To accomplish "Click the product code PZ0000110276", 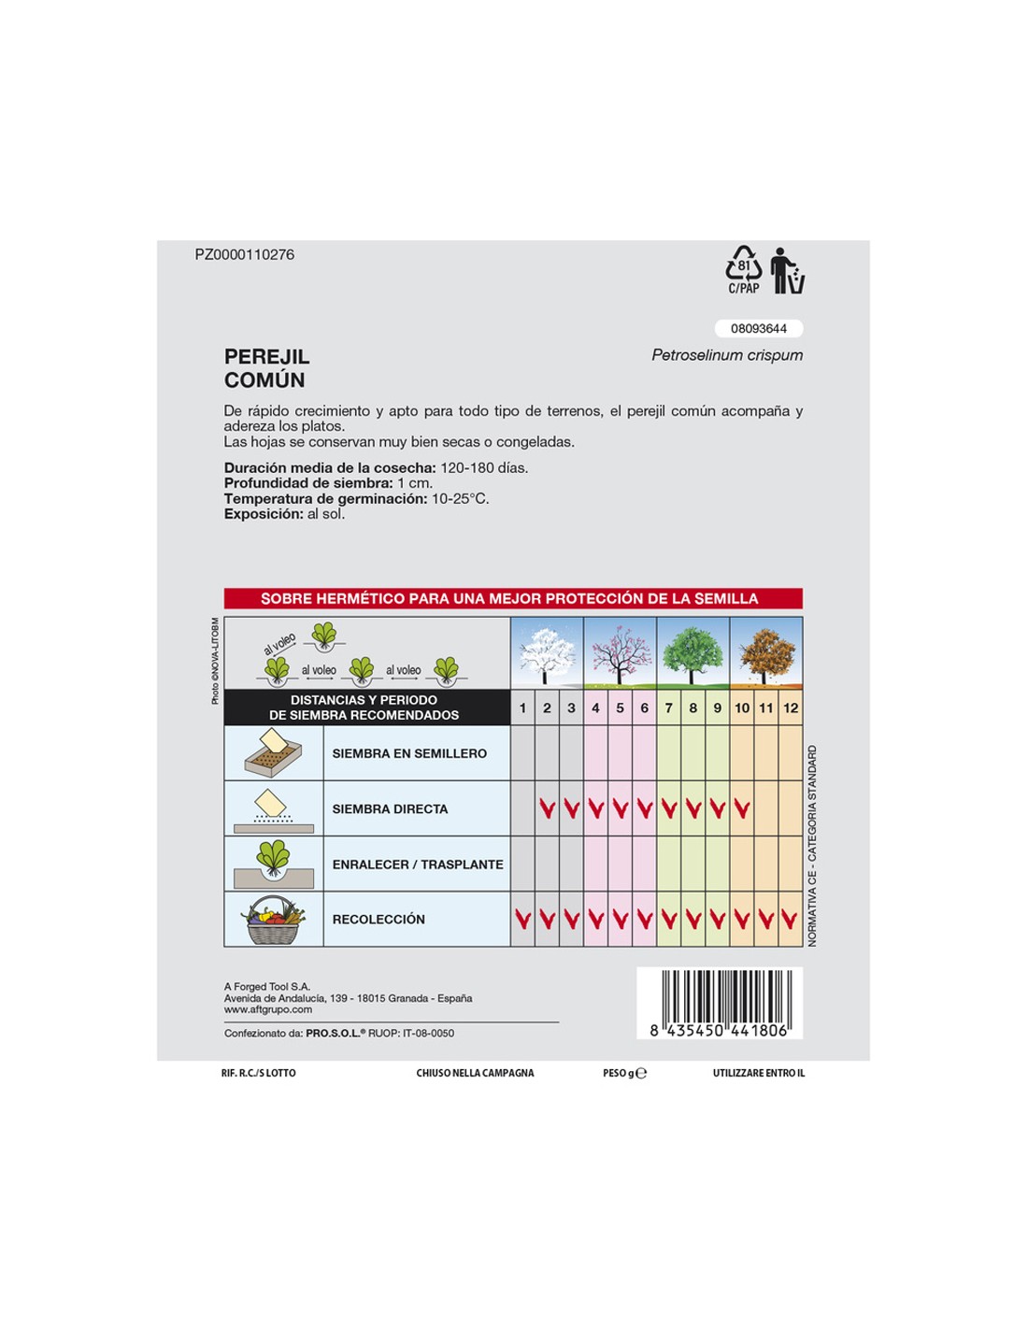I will pyautogui.click(x=244, y=255).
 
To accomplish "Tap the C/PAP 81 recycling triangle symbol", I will pyautogui.click(x=744, y=269).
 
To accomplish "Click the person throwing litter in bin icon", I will pyautogui.click(x=787, y=271).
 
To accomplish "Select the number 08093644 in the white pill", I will pyautogui.click(x=759, y=329).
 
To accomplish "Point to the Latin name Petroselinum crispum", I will pyautogui.click(x=727, y=355).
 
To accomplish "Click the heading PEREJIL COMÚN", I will pyautogui.click(x=266, y=368).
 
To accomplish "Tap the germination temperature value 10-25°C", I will pyautogui.click(x=460, y=499).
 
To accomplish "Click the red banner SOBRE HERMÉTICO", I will pyautogui.click(x=513, y=599).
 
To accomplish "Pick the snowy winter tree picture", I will pyautogui.click(x=547, y=653).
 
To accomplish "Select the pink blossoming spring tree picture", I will pyautogui.click(x=620, y=653).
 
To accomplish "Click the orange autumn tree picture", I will pyautogui.click(x=766, y=653).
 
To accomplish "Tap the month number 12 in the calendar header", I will pyautogui.click(x=791, y=708).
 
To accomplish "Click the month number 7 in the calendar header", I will pyautogui.click(x=669, y=708).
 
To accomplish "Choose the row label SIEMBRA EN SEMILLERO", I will pyautogui.click(x=409, y=753).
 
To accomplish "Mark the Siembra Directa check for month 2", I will pyautogui.click(x=548, y=808).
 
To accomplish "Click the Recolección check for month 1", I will pyautogui.click(x=523, y=920).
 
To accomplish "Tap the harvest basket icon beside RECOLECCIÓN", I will pyautogui.click(x=274, y=921).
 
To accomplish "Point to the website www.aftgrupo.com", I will pyautogui.click(x=268, y=1009).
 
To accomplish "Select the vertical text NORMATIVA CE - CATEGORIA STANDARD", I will pyautogui.click(x=812, y=846).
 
